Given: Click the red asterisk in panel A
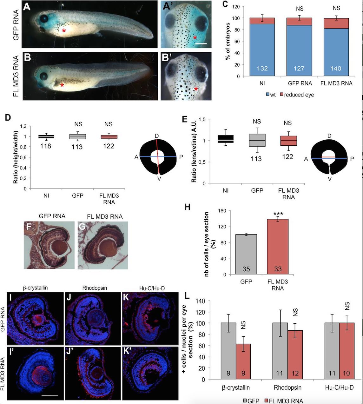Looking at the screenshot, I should pyautogui.click(x=64, y=31).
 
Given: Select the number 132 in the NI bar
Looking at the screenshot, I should pyautogui.click(x=262, y=68).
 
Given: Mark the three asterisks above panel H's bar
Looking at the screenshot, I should pyautogui.click(x=278, y=213).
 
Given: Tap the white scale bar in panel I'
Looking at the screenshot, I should pyautogui.click(x=49, y=395).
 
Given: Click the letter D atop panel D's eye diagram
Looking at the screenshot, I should pyautogui.click(x=157, y=136).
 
